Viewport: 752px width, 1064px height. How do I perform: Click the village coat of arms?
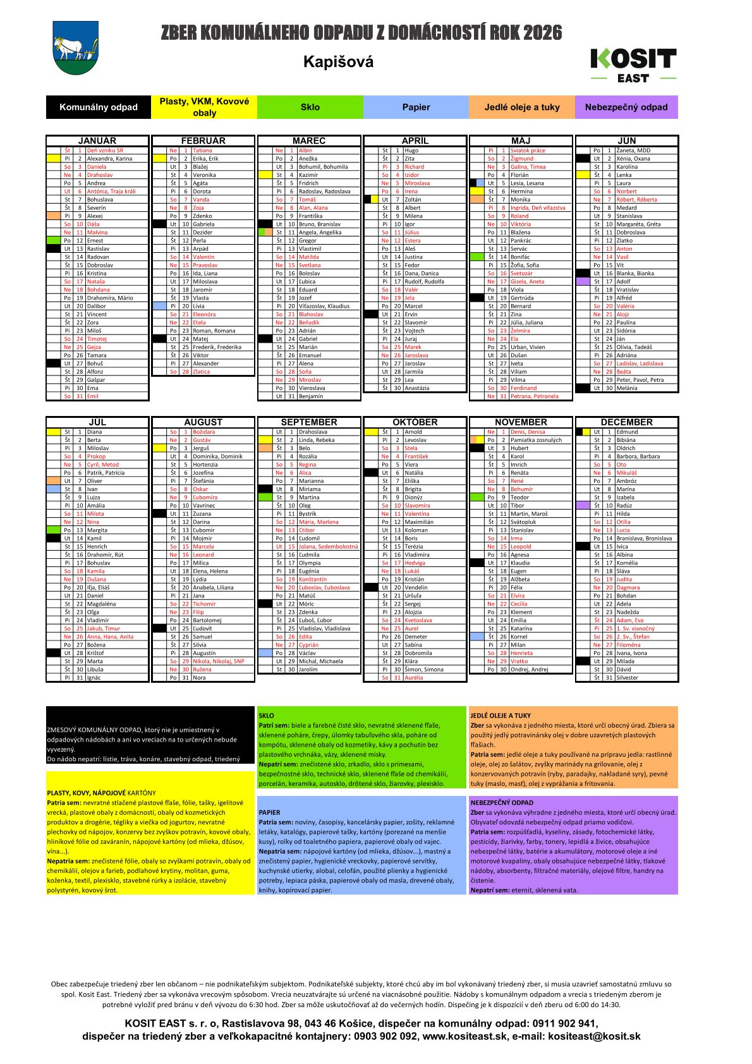76,47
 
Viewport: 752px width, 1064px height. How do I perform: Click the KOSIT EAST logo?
633,65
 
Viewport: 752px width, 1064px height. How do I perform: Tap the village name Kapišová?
338,62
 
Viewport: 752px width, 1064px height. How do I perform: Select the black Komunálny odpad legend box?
99,107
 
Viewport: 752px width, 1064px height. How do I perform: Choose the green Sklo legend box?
310,107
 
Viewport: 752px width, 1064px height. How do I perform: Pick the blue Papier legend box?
416,107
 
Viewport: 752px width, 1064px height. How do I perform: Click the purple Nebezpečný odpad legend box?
626,107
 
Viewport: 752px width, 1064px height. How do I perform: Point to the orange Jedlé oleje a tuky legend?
522,107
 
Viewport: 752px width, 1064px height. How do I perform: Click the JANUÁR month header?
97,140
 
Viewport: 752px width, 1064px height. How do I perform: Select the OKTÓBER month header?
415,422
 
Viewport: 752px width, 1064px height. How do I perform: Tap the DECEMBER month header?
626,422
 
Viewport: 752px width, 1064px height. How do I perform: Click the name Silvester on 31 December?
627,678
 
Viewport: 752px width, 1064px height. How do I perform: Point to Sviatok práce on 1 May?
528,150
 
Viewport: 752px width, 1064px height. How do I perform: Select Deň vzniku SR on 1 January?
106,150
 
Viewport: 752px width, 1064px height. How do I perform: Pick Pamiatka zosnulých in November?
536,440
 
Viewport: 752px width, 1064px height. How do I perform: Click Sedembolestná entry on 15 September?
337,547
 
